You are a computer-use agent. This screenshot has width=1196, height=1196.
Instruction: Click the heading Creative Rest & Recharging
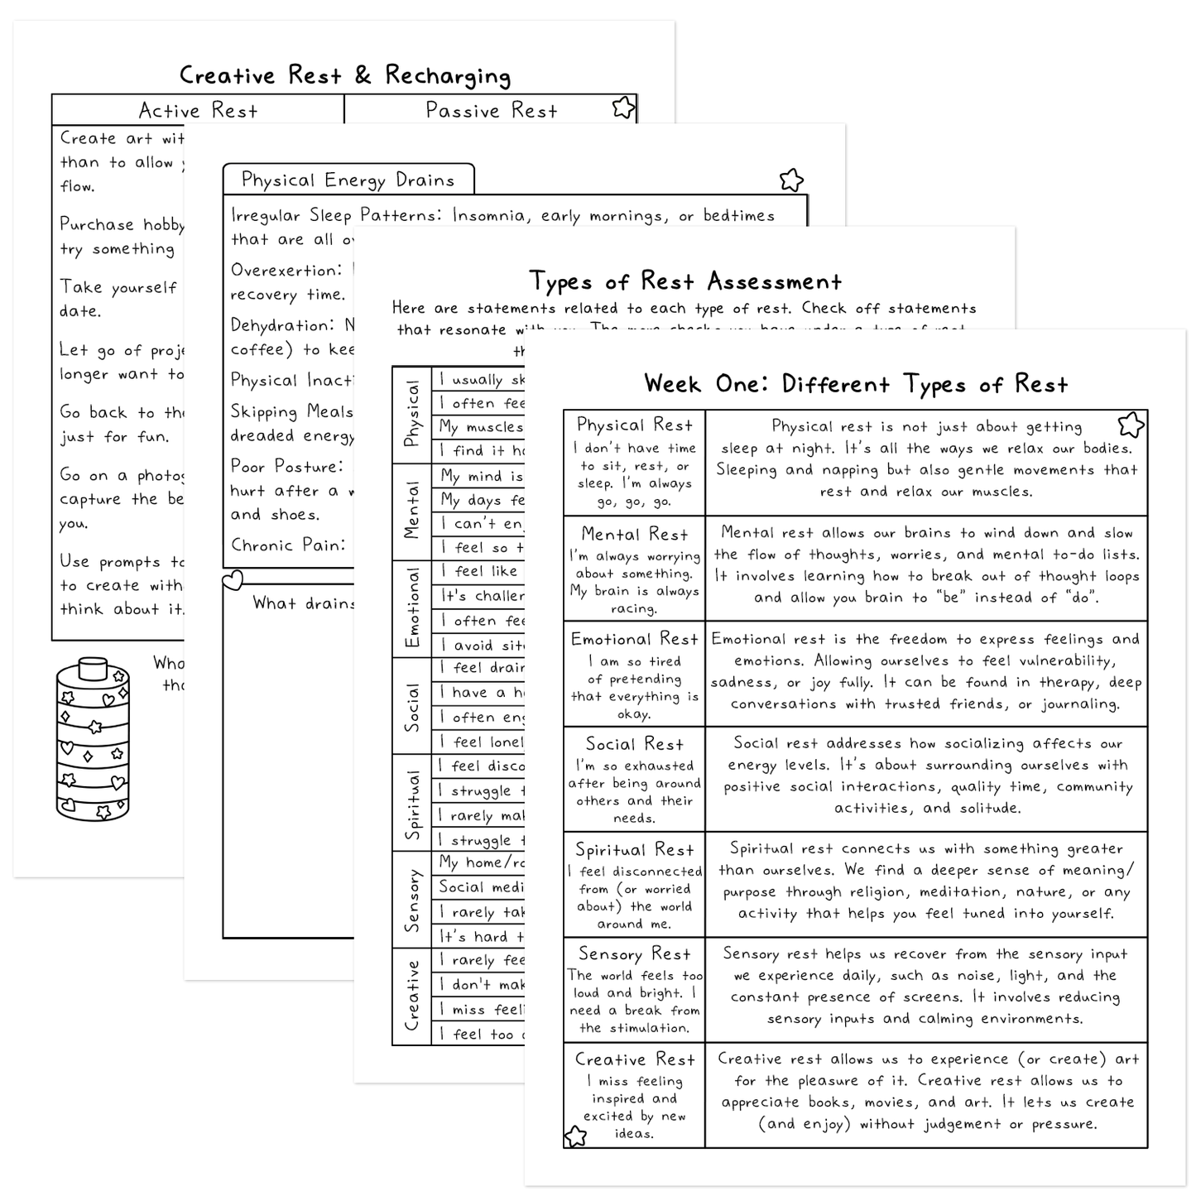[345, 75]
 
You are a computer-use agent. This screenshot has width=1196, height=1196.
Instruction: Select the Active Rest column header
[198, 111]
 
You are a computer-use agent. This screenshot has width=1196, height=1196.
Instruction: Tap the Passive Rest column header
[491, 111]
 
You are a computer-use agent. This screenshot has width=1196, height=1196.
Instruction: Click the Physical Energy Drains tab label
[348, 180]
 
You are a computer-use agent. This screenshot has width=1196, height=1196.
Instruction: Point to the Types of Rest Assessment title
[684, 281]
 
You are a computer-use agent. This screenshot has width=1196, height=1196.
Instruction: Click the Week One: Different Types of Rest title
[856, 384]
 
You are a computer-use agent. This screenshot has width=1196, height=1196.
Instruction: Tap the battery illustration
[93, 739]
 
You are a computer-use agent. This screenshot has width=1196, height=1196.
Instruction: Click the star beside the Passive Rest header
[623, 108]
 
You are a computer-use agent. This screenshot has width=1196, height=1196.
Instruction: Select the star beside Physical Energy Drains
[791, 180]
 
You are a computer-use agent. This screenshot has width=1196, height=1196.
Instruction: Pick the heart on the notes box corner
[233, 579]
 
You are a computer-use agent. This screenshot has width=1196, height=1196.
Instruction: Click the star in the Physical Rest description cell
[1131, 425]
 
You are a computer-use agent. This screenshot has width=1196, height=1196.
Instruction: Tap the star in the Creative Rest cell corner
[575, 1136]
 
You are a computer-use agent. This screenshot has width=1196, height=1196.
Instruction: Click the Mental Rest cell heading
[634, 535]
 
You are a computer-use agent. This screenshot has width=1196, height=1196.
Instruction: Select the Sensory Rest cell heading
[634, 954]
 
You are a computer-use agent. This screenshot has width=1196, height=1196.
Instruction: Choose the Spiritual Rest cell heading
[634, 850]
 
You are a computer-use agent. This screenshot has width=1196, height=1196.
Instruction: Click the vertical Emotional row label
[412, 608]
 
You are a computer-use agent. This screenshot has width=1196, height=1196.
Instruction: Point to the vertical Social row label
[412, 706]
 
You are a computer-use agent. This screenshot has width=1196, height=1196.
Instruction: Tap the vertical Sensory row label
[412, 900]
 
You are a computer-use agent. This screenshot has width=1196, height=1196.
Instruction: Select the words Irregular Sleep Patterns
[339, 216]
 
